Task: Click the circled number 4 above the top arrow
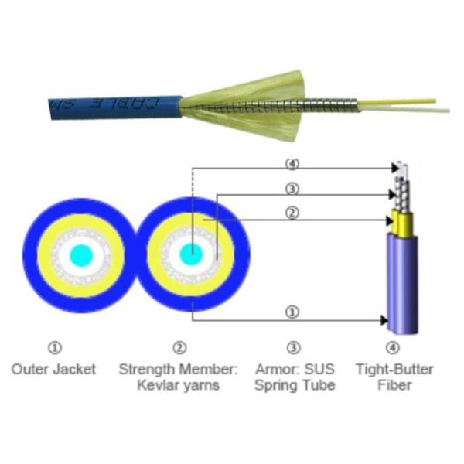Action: coord(292,164)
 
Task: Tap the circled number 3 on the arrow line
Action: coord(292,189)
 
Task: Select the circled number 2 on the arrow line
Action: coord(292,213)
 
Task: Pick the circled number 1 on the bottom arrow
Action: coord(292,312)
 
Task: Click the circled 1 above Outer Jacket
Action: coord(54,348)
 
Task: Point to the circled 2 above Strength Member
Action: coord(180,348)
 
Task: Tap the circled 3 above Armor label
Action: coord(294,348)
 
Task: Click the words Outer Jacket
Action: coord(54,369)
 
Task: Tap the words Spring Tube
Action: coord(295,385)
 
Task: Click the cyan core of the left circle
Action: coord(80,254)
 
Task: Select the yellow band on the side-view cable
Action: coord(402,223)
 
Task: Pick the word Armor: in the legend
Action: coord(274,369)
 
